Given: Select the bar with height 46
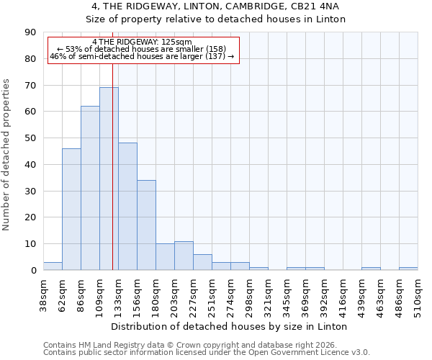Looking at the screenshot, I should [71, 209].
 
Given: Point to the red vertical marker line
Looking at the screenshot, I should [112, 166].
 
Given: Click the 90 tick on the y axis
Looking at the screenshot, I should [30, 32].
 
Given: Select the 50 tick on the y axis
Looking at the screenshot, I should [30, 138].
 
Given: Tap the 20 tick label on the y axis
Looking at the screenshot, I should [30, 217].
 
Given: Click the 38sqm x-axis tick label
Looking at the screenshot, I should [44, 295].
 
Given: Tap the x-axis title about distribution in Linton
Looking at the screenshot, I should [230, 326].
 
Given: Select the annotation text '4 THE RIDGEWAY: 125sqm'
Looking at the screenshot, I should [142, 42].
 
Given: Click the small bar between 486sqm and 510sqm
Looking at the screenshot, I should [408, 269].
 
